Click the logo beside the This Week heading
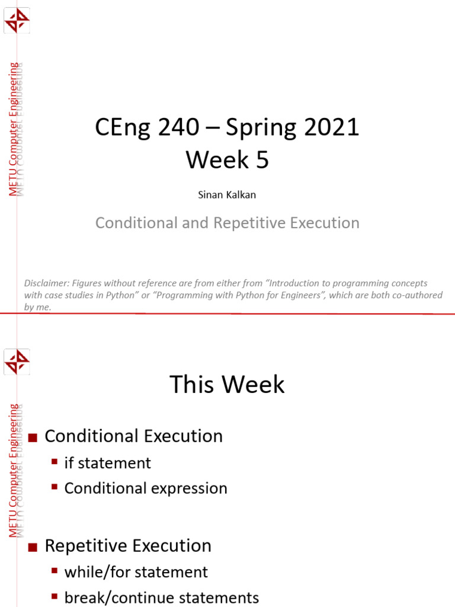click(17, 362)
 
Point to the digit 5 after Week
click(262, 159)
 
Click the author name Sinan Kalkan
click(227, 195)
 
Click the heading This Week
click(227, 385)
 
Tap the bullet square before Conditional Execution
click(33, 437)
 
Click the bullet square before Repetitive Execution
click(33, 547)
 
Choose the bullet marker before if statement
click(55, 461)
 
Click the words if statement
click(107, 463)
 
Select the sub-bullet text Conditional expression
click(146, 488)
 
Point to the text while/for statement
click(136, 572)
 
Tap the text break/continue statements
click(161, 597)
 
